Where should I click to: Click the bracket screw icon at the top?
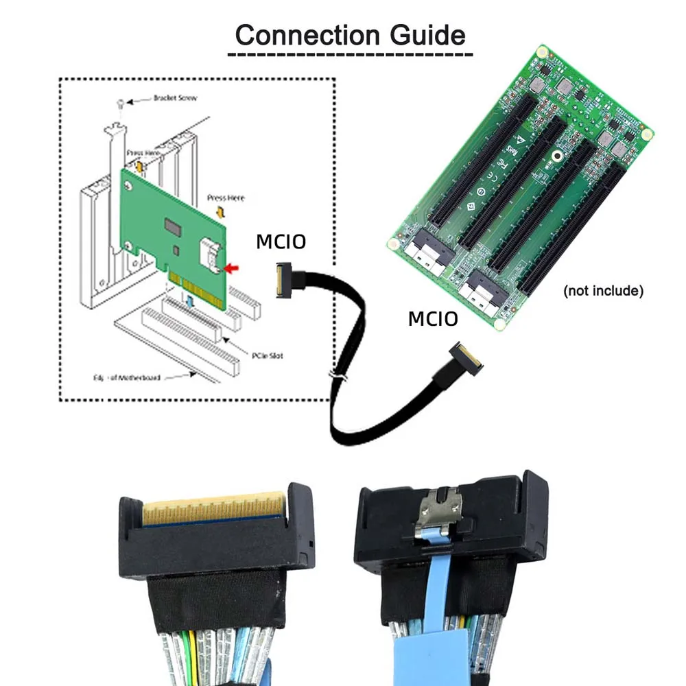click(121, 102)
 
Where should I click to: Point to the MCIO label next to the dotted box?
click(281, 242)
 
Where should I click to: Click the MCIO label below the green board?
click(433, 319)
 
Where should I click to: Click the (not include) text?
click(603, 291)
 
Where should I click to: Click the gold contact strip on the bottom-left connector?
click(213, 510)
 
